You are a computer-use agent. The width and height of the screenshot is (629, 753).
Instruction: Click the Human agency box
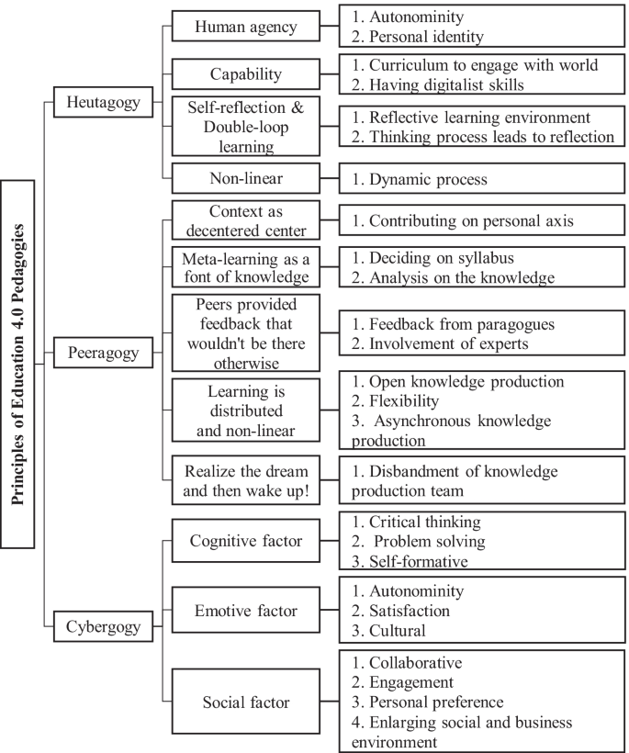[x=246, y=27]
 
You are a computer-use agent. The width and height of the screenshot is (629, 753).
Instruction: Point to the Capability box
[x=246, y=73]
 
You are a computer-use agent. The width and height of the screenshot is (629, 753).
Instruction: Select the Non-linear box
[x=246, y=177]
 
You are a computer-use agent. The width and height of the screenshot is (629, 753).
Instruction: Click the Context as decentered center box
[x=246, y=221]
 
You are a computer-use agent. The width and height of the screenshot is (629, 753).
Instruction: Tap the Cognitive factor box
[x=246, y=542]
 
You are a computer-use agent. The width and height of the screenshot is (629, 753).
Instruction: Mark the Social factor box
[x=246, y=702]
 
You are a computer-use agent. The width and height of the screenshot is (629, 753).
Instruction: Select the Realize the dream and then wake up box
[x=246, y=480]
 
